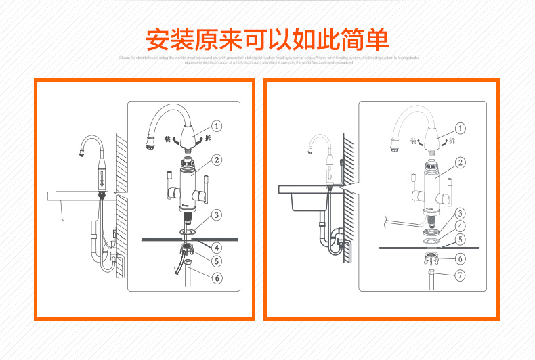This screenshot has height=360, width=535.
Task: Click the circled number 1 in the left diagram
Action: pos(217,125)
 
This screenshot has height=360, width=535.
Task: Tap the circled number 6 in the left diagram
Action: pos(217,277)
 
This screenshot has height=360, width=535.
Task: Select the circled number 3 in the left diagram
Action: pos(217,215)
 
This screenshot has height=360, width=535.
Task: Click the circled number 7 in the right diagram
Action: pos(460,275)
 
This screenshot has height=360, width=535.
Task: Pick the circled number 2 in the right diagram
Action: pos(460,162)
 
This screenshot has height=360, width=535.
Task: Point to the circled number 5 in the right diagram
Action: pos(460,238)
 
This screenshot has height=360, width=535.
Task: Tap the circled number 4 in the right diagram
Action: pos(460,226)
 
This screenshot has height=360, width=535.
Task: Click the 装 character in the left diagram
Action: pos(167,138)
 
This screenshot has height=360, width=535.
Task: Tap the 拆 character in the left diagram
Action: pos(208,138)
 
